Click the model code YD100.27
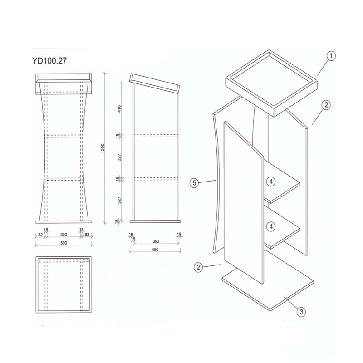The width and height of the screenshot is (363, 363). pyautogui.click(x=49, y=61)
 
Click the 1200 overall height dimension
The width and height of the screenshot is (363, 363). pyautogui.click(x=103, y=148)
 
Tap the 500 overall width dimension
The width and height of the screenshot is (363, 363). pyautogui.click(x=64, y=243)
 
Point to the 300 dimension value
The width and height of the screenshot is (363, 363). pyautogui.click(x=64, y=235)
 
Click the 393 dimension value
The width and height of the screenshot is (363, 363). pyautogui.click(x=156, y=241)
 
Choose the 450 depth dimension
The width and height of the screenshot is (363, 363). pyautogui.click(x=155, y=250)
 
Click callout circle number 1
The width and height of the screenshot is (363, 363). pyautogui.click(x=331, y=56)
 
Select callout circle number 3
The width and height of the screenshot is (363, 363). pyautogui.click(x=301, y=312)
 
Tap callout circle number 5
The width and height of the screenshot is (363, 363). pyautogui.click(x=194, y=183)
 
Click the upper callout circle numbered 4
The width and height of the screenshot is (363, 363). pyautogui.click(x=271, y=182)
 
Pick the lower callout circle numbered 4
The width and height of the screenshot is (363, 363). pyautogui.click(x=271, y=226)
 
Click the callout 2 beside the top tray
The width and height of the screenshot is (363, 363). pyautogui.click(x=326, y=105)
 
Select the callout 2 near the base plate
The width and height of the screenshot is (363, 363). pyautogui.click(x=198, y=267)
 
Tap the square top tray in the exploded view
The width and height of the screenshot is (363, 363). pyautogui.click(x=271, y=83)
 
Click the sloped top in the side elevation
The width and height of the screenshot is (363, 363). pyautogui.click(x=155, y=83)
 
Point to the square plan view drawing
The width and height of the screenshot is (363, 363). pyautogui.click(x=64, y=285)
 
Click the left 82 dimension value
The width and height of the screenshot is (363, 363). pyautogui.click(x=40, y=235)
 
